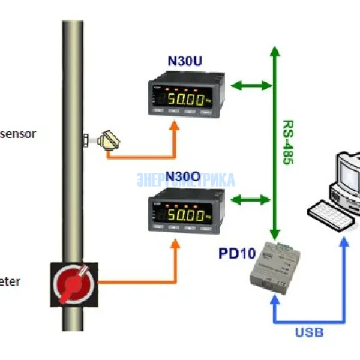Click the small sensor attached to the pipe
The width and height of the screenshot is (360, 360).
[107, 140]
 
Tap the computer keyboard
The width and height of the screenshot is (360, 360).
[328, 209]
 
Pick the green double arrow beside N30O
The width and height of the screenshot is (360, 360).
[251, 199]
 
